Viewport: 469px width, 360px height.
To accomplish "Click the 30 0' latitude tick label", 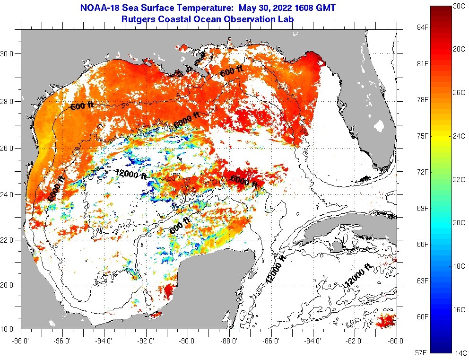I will [9, 54].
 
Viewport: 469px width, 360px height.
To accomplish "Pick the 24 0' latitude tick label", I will [9, 194].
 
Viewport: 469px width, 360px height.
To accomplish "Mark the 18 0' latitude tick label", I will [9, 329].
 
